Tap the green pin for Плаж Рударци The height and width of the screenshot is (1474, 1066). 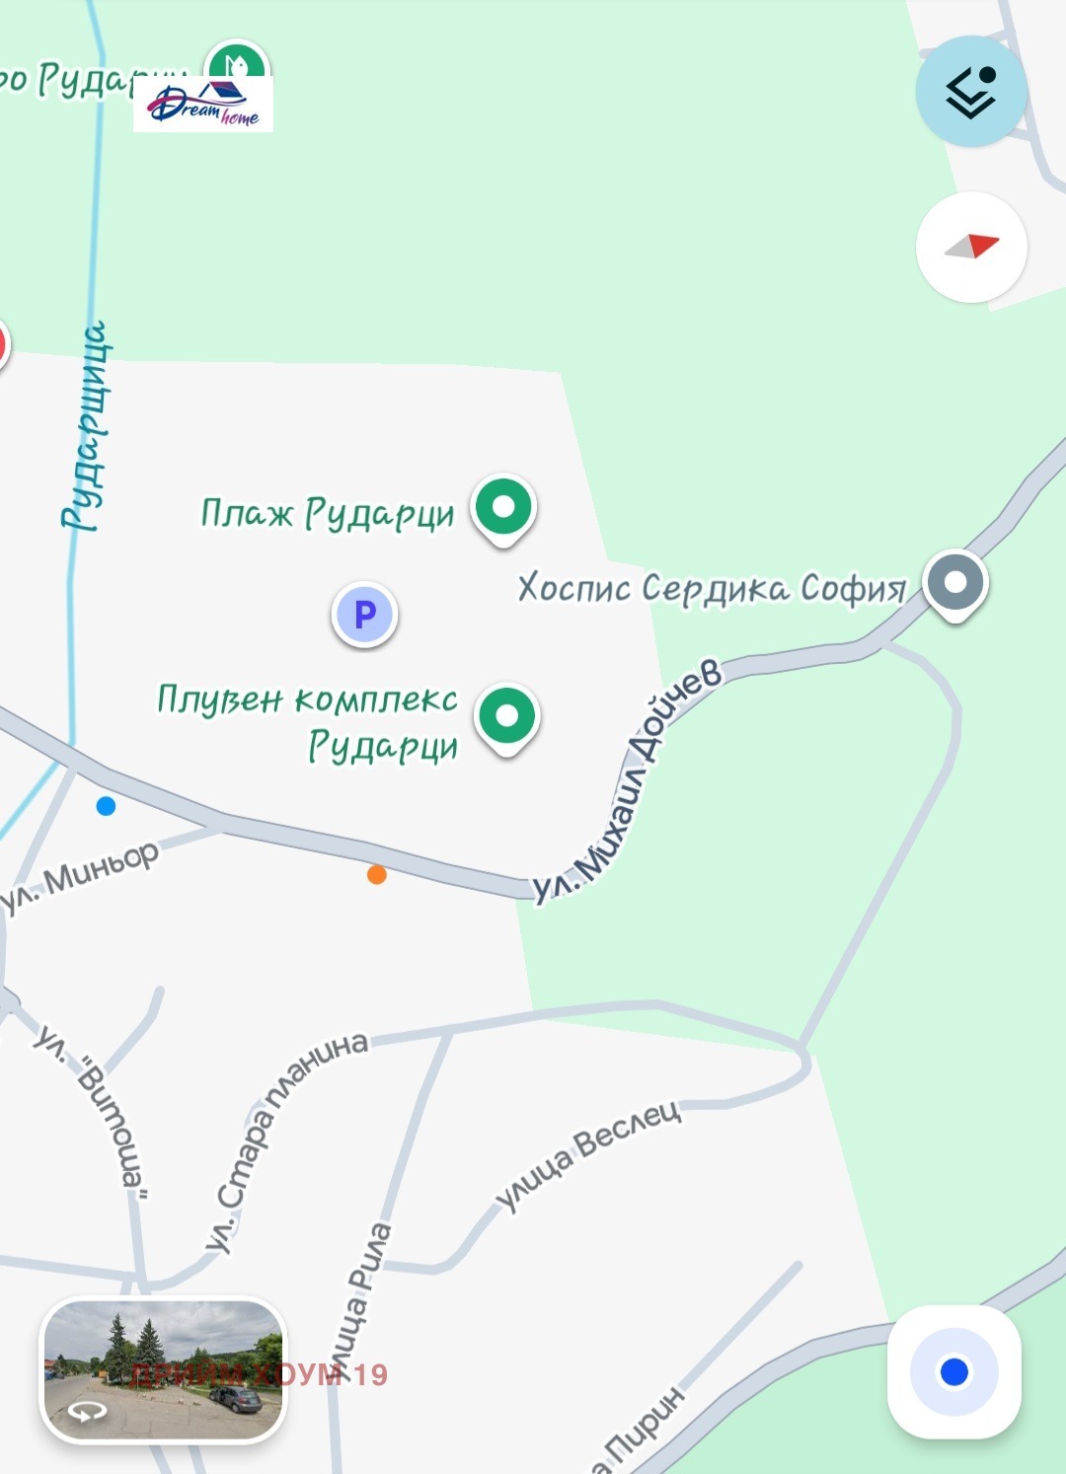point(503,507)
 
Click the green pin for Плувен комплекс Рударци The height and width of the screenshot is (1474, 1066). point(506,715)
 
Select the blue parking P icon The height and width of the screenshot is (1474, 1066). point(364,614)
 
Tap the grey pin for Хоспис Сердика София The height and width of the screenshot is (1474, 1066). point(954,582)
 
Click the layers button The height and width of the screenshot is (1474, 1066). point(971,92)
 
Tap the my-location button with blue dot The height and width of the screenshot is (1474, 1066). point(954,1371)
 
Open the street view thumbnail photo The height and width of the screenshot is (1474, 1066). point(164,1368)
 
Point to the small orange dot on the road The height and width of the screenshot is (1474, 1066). point(376,874)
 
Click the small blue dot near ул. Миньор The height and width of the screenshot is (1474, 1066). point(106,806)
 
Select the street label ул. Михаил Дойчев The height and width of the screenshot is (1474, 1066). point(630,779)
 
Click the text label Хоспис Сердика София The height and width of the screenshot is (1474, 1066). point(712,588)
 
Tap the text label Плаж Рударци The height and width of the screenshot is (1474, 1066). point(328,513)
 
